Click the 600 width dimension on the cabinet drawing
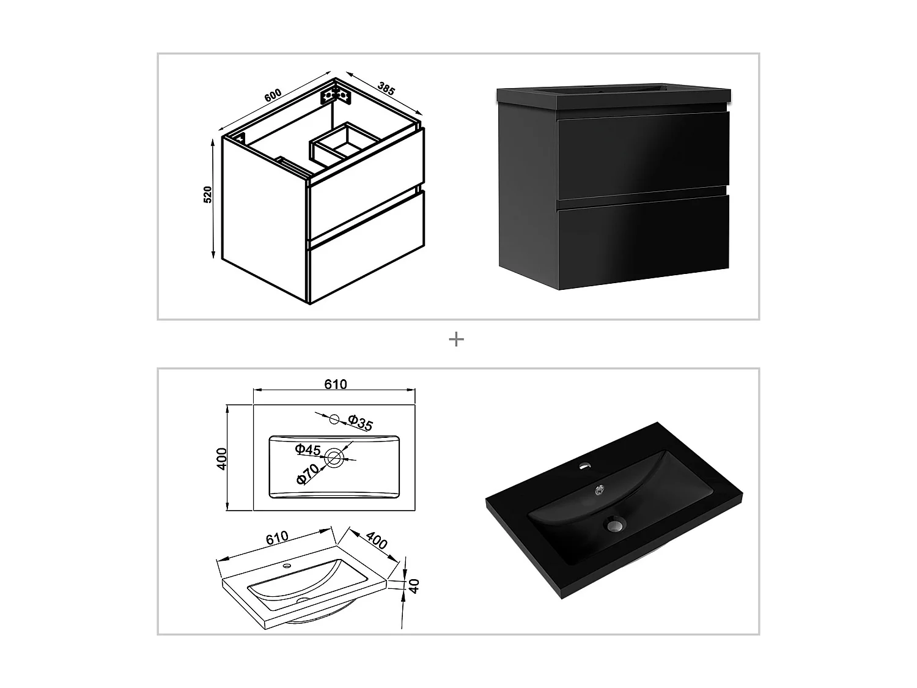pyautogui.click(x=273, y=96)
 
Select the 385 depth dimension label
pyautogui.click(x=386, y=88)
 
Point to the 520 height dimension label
pyautogui.click(x=208, y=194)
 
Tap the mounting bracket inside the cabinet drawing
pyautogui.click(x=336, y=95)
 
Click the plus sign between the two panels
pyautogui.click(x=456, y=339)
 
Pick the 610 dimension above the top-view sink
pyautogui.click(x=335, y=384)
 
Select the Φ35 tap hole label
pyautogui.click(x=360, y=423)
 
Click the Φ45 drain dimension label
pyautogui.click(x=308, y=450)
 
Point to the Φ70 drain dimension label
pyautogui.click(x=308, y=474)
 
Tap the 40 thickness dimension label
pyautogui.click(x=414, y=586)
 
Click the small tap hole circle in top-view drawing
pyautogui.click(x=334, y=419)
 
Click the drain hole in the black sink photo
pyautogui.click(x=614, y=523)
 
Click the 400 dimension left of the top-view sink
pyautogui.click(x=223, y=458)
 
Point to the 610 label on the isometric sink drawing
pyautogui.click(x=276, y=538)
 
